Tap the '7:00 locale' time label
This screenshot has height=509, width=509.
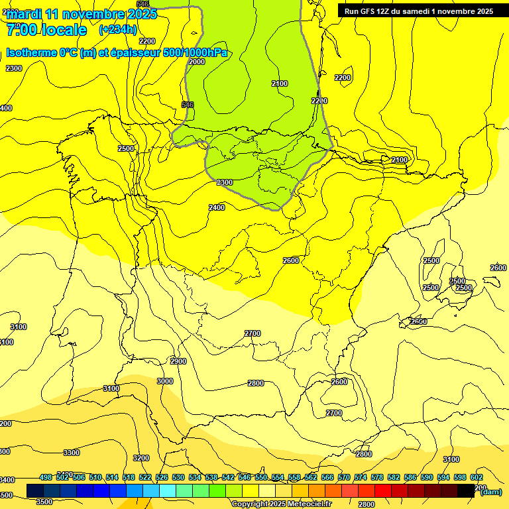tap(46, 30)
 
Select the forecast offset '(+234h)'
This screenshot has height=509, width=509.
tap(118, 30)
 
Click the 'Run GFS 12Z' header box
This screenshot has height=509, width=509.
tap(418, 11)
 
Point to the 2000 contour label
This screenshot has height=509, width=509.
tap(197, 62)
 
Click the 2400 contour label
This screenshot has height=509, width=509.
tap(217, 207)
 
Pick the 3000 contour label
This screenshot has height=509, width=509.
tap(164, 381)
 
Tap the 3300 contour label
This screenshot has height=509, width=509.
tap(71, 453)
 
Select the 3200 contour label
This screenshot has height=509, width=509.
tap(141, 458)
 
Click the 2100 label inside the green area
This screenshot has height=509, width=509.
tap(280, 84)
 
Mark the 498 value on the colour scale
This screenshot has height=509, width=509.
tap(46, 477)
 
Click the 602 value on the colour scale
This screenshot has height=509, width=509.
tap(477, 477)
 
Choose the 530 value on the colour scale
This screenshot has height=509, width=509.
tap(178, 477)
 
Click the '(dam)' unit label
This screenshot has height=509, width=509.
tap(490, 491)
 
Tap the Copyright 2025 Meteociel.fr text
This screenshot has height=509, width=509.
tap(281, 504)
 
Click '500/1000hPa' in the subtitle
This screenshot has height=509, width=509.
tap(195, 53)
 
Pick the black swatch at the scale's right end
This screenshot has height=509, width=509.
tap(467, 490)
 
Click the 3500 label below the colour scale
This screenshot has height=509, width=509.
tap(44, 502)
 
